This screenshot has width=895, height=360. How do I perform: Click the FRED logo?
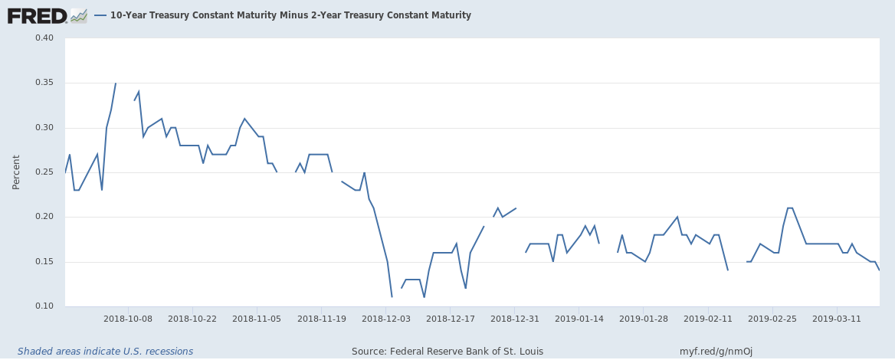(48, 15)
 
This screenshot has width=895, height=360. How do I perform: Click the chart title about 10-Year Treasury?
(290, 15)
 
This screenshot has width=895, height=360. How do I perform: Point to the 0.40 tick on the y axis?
(43, 38)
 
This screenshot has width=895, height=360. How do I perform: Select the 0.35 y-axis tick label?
(43, 83)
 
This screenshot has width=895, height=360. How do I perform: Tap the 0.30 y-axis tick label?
(43, 128)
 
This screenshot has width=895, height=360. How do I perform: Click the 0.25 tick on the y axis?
(43, 172)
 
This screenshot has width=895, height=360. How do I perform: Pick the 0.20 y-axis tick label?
(43, 217)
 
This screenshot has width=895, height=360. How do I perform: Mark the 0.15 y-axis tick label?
(43, 262)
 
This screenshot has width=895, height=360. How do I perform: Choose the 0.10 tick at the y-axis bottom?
(43, 306)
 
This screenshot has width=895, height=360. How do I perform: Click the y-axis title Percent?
(17, 172)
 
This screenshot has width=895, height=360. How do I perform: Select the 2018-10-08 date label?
(128, 318)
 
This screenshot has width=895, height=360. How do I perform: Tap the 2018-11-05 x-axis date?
(257, 318)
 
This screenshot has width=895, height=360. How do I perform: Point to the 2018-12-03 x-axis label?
(385, 318)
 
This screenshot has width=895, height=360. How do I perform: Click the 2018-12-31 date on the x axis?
(514, 318)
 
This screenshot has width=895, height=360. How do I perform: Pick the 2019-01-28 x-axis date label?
(643, 318)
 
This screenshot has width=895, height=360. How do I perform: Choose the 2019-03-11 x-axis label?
(836, 318)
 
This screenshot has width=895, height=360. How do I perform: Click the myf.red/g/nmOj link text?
(716, 352)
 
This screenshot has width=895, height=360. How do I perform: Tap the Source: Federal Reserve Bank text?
(447, 352)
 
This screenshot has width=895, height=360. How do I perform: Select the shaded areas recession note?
(106, 352)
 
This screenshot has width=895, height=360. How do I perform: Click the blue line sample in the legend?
(100, 15)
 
